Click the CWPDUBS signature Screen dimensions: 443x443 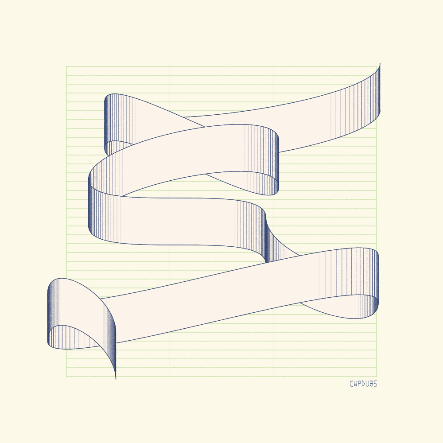pos(363,384)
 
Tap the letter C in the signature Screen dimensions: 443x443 pos(351,384)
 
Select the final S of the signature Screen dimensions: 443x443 pos(375,384)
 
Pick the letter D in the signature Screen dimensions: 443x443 pos(363,384)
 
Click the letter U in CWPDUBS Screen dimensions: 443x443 pos(367,384)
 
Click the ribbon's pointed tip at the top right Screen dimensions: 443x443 pos(380,63)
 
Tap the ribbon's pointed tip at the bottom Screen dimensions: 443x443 pos(116,379)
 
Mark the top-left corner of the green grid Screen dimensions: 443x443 pos(66,66)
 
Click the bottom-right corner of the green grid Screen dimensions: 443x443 pos(377,376)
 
